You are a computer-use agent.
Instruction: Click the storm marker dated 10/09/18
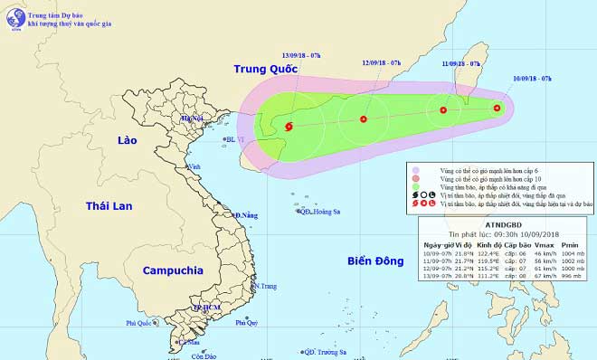[x=497, y=109]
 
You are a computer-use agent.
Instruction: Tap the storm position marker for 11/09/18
[x=443, y=110]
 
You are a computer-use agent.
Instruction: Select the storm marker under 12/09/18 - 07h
[x=364, y=118]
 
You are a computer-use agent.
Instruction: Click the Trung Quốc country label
[x=266, y=69]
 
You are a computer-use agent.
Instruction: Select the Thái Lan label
[x=109, y=207]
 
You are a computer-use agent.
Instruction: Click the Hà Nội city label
[x=192, y=118]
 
